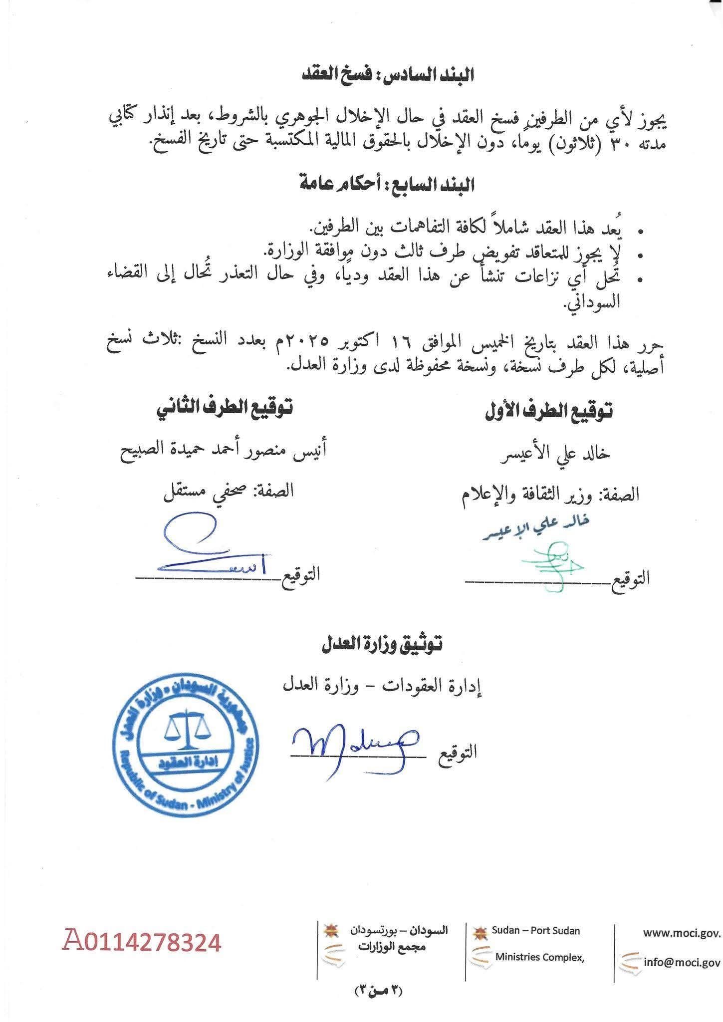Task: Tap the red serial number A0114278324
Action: point(141,943)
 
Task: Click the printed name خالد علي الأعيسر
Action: point(554,453)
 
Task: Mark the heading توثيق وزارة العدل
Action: point(381,645)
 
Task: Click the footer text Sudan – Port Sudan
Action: point(535,930)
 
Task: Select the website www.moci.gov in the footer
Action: point(682,932)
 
